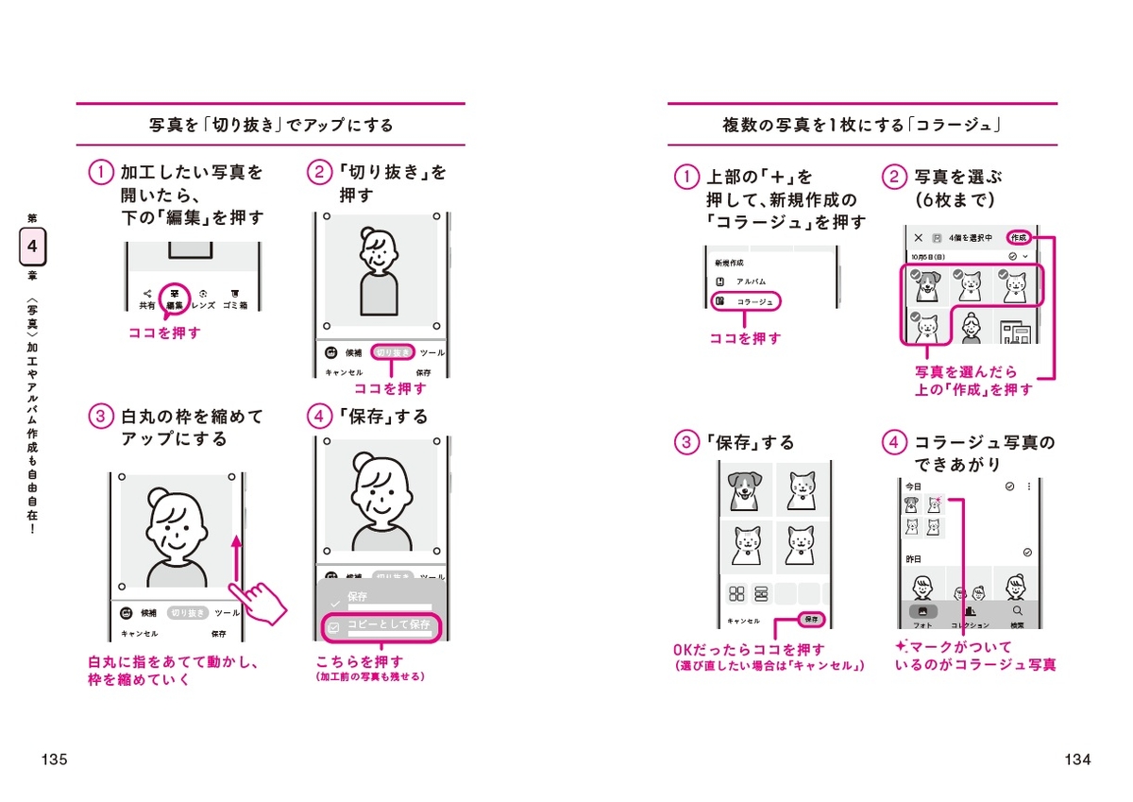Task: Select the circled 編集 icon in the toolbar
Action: coord(175,297)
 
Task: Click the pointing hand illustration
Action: coord(258,601)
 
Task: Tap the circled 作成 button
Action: coord(1018,238)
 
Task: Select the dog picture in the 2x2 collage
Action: coord(746,489)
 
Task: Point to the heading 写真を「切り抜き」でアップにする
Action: coord(271,125)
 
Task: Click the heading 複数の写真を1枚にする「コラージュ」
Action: coord(861,125)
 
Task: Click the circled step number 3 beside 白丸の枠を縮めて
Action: coord(99,417)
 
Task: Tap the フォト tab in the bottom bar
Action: coord(922,615)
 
